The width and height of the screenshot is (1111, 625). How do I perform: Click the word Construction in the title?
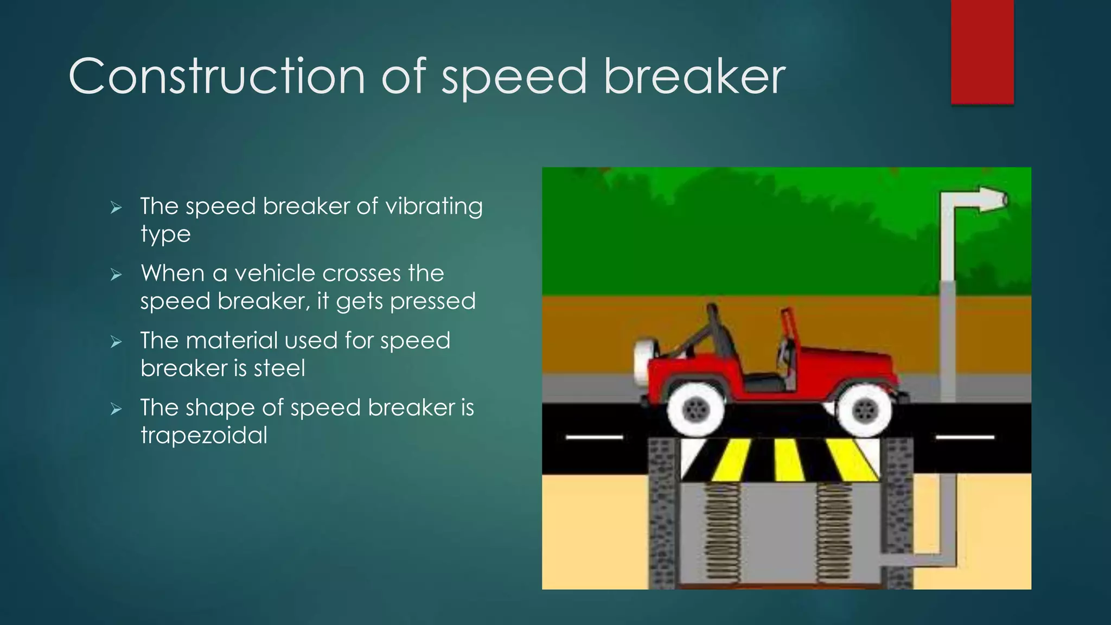click(217, 77)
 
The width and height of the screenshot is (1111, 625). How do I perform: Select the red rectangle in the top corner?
click(982, 52)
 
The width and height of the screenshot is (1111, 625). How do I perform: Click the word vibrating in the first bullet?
click(434, 207)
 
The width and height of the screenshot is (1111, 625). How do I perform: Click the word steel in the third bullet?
click(279, 369)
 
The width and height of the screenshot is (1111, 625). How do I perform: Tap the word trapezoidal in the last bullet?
click(204, 436)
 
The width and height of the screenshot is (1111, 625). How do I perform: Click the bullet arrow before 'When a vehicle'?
click(116, 275)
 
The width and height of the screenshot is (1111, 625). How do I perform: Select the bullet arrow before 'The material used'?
click(116, 342)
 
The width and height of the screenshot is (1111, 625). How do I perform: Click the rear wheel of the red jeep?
click(696, 410)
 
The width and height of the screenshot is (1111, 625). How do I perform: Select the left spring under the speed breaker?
click(722, 532)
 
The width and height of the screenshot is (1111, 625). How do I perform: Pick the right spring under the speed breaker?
click(834, 532)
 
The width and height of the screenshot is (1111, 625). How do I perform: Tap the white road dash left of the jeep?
click(594, 437)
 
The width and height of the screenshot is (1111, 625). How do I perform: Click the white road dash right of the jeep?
click(965, 437)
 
